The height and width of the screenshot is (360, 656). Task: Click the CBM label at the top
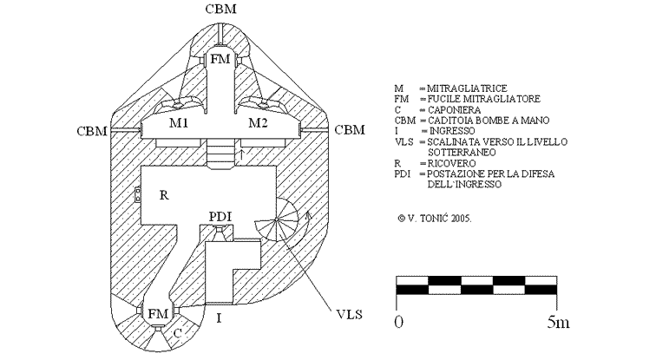click(x=222, y=10)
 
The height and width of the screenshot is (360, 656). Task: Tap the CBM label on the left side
click(x=92, y=130)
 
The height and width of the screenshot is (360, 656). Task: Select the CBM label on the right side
click(x=350, y=130)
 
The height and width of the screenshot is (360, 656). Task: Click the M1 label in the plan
click(x=180, y=123)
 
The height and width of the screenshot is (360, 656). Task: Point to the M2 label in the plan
click(x=258, y=123)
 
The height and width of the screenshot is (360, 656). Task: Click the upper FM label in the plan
click(x=220, y=60)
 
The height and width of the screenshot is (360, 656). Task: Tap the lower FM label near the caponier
click(x=157, y=313)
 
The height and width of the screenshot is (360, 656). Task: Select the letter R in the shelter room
click(x=162, y=195)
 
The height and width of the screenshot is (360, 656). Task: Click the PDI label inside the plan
click(x=220, y=214)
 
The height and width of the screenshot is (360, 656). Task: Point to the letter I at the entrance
click(x=219, y=318)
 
